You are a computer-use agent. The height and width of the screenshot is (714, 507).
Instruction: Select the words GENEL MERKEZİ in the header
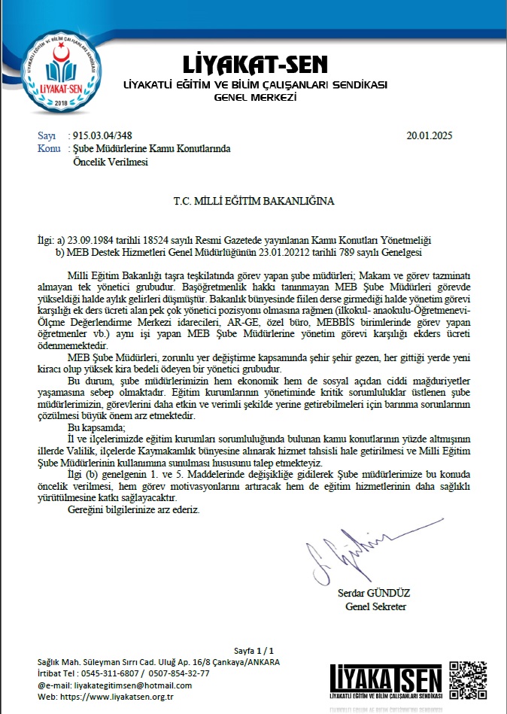click(256, 98)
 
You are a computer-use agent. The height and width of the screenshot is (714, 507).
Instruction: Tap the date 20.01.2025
click(430, 136)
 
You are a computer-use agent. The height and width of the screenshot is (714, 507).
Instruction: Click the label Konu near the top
click(48, 149)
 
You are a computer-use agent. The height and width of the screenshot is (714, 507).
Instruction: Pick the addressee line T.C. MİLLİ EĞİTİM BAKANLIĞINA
click(253, 202)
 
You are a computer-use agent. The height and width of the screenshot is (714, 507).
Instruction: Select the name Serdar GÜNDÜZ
click(374, 594)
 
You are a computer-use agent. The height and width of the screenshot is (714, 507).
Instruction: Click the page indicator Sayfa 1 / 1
click(254, 649)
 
